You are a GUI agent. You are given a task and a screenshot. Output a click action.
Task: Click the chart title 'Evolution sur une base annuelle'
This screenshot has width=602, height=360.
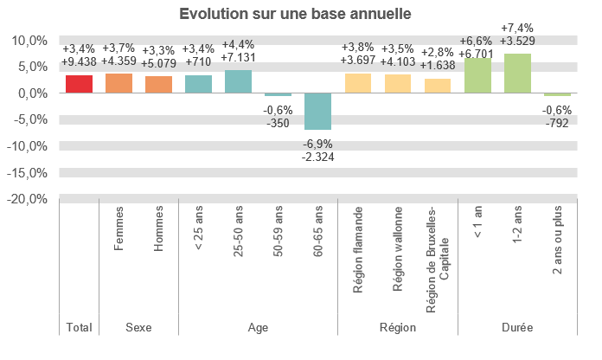[295, 15]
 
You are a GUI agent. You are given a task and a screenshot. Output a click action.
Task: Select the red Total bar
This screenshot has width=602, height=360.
[79, 84]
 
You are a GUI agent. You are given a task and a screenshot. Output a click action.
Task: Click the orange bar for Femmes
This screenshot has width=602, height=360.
[118, 83]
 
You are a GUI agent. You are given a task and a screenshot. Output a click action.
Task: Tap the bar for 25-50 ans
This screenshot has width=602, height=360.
[238, 81]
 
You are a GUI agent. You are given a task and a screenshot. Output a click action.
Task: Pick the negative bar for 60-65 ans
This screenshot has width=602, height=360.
[317, 111]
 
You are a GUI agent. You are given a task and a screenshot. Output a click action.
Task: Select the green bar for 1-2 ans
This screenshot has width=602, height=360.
[517, 74]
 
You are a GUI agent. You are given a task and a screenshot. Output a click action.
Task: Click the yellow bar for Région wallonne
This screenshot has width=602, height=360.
[397, 84]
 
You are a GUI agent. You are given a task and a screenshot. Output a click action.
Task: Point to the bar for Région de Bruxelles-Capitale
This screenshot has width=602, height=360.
[438, 86]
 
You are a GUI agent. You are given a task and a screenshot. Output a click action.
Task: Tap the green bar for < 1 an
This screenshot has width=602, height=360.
[477, 75]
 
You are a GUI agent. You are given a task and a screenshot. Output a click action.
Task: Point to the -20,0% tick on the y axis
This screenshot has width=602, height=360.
[29, 199]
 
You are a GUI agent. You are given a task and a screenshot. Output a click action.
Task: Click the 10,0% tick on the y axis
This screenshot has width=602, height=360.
[30, 41]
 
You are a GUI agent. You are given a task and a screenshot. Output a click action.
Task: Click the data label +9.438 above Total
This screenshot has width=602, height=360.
[79, 61]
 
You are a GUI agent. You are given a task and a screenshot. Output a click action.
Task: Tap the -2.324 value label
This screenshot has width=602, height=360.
[318, 157]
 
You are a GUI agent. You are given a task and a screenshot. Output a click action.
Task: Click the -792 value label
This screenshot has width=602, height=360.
[557, 123]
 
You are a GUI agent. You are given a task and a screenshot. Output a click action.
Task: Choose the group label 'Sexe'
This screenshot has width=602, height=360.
[138, 328]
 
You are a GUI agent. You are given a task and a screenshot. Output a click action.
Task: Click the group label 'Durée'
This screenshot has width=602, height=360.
[517, 328]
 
